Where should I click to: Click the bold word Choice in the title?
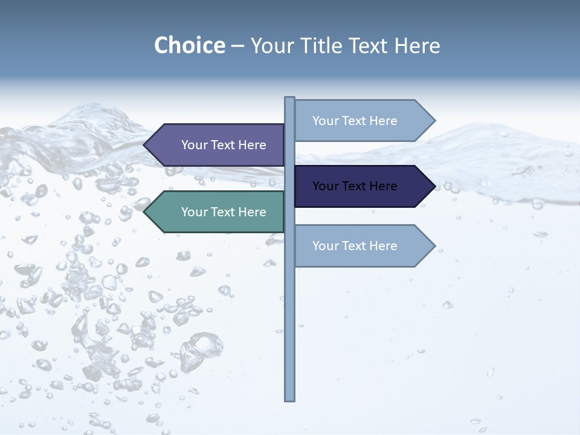point(189,45)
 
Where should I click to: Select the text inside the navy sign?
point(355,186)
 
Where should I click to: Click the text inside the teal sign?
point(224,212)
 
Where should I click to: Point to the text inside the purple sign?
point(224,145)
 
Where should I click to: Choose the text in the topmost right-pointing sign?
point(355,121)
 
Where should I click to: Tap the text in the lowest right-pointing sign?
point(355,246)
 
